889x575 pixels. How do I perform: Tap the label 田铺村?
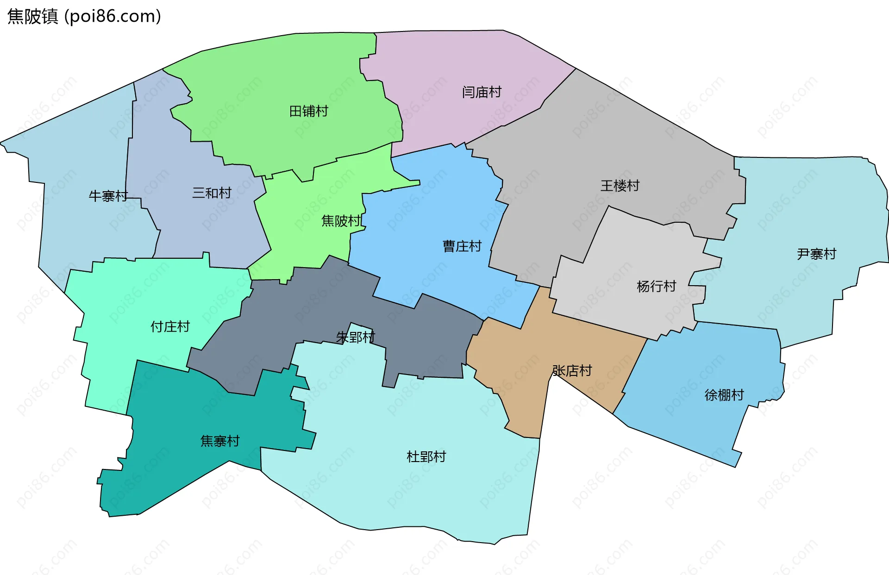(308, 111)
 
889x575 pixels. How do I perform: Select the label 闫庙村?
(482, 92)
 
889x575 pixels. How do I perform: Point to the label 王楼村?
(620, 186)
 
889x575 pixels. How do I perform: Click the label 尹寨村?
(816, 254)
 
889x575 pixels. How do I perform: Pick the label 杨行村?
(656, 286)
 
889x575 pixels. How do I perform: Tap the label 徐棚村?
(724, 395)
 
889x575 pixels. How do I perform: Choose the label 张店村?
(572, 370)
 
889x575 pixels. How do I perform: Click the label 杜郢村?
(426, 456)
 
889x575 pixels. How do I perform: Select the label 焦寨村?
(220, 441)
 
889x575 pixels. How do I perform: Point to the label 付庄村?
(170, 326)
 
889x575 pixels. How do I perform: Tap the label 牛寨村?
(108, 196)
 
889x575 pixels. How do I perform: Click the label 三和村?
(212, 193)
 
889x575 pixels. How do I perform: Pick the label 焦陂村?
(341, 221)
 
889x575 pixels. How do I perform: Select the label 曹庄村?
(462, 246)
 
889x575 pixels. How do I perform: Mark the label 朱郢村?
(355, 337)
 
